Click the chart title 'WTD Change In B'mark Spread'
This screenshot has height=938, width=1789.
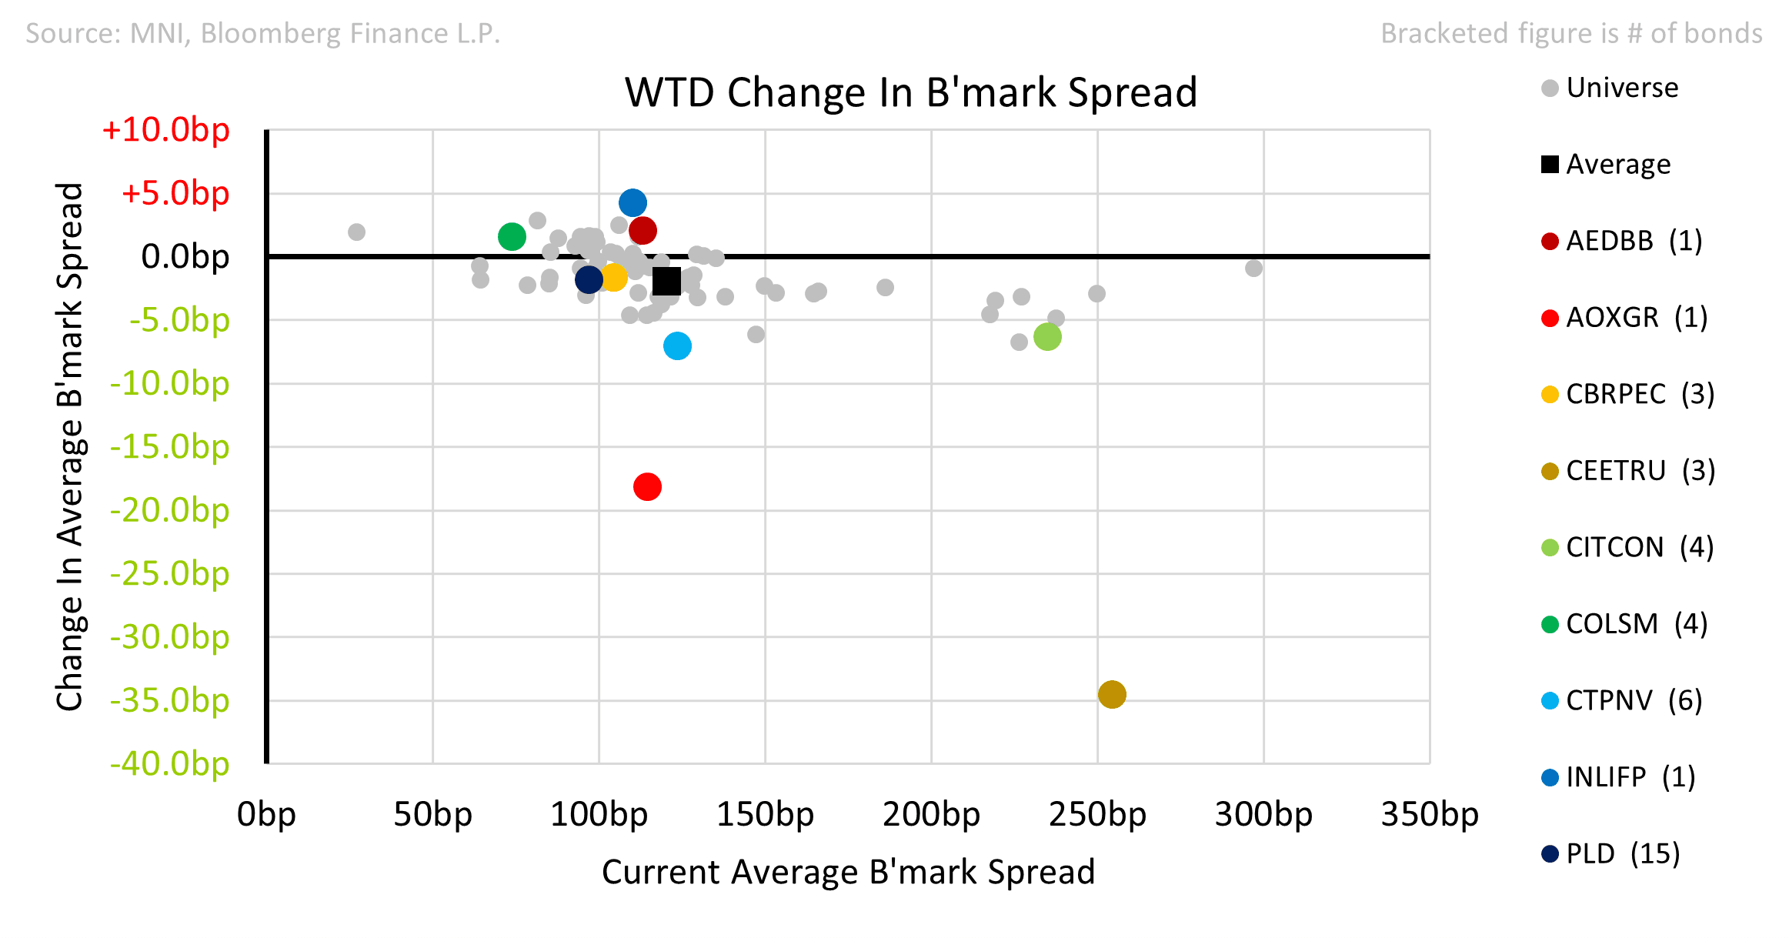pyautogui.click(x=910, y=92)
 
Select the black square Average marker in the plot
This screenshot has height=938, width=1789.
pyautogui.click(x=666, y=281)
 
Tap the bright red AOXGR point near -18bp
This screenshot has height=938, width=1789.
pyautogui.click(x=647, y=486)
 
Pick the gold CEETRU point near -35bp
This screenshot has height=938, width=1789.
pyautogui.click(x=1112, y=694)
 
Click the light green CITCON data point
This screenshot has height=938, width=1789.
pyautogui.click(x=1047, y=336)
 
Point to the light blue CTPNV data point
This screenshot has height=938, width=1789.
pyautogui.click(x=677, y=346)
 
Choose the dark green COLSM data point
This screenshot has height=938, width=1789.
pyautogui.click(x=512, y=236)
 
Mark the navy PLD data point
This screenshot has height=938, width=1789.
pyautogui.click(x=589, y=279)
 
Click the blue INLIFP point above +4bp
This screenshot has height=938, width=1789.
pyautogui.click(x=632, y=203)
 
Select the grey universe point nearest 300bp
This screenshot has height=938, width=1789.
pyautogui.click(x=1253, y=268)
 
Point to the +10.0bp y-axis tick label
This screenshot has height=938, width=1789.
pyautogui.click(x=166, y=130)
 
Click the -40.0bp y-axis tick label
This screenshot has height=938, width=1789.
pyautogui.click(x=170, y=764)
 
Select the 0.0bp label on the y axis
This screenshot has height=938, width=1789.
pyautogui.click(x=185, y=257)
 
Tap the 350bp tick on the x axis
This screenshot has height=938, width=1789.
pyautogui.click(x=1429, y=814)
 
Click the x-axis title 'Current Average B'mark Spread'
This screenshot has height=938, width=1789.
pyautogui.click(x=848, y=872)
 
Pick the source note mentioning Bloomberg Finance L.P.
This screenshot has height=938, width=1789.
pyautogui.click(x=263, y=33)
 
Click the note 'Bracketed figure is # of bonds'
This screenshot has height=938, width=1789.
pyautogui.click(x=1571, y=33)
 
